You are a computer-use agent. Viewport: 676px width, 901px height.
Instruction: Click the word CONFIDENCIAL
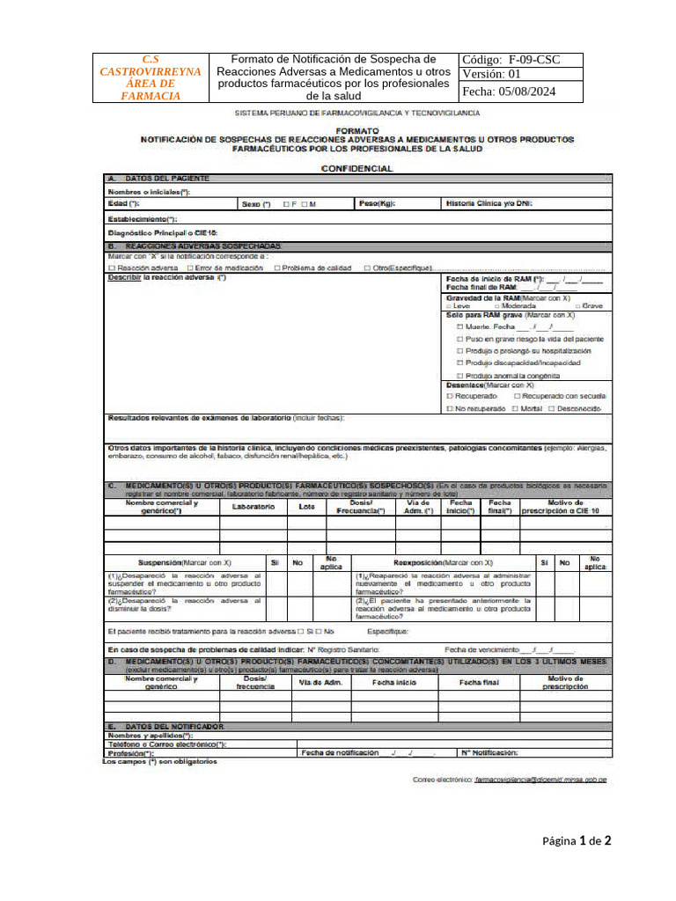pyautogui.click(x=356, y=168)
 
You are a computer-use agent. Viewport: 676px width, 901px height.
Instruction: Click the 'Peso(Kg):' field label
pyautogui.click(x=377, y=203)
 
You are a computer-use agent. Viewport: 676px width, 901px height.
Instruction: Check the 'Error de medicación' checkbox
pyautogui.click(x=190, y=267)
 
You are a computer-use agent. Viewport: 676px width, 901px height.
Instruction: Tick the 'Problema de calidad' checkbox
pyautogui.click(x=277, y=267)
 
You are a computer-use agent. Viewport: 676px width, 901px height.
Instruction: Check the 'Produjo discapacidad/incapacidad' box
pyautogui.click(x=459, y=363)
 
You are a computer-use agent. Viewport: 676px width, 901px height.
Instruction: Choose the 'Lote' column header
pyautogui.click(x=306, y=507)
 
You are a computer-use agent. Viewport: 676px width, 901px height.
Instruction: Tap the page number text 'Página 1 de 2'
pyautogui.click(x=577, y=841)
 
